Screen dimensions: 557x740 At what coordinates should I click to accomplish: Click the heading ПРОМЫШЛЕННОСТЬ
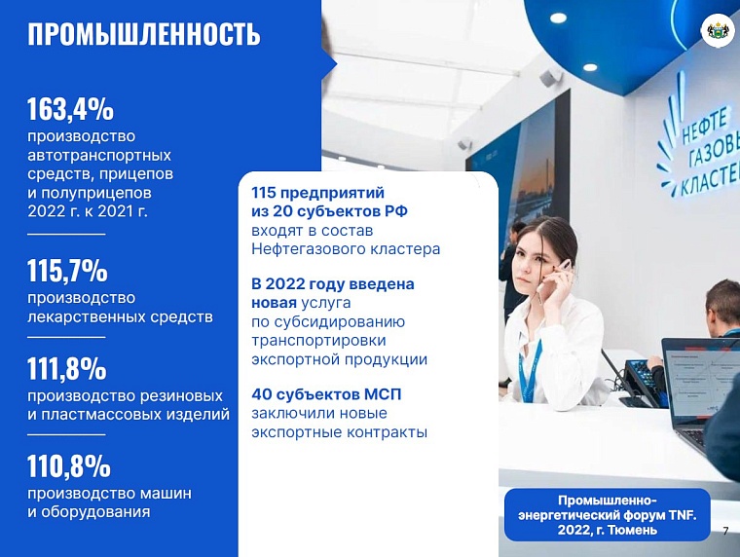point(144,34)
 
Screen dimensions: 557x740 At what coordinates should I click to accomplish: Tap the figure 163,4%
point(70,107)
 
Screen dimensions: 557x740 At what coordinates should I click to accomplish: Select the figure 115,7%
point(67,270)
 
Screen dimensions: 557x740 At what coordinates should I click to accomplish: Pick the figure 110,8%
point(68,467)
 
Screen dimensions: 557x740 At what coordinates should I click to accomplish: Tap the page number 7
point(725,531)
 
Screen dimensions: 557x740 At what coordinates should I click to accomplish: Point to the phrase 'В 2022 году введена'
point(332,284)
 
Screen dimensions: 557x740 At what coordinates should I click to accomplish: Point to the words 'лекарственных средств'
point(120,316)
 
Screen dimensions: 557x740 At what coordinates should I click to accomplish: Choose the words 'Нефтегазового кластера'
point(346,249)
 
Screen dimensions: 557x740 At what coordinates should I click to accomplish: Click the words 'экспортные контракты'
point(339,431)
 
